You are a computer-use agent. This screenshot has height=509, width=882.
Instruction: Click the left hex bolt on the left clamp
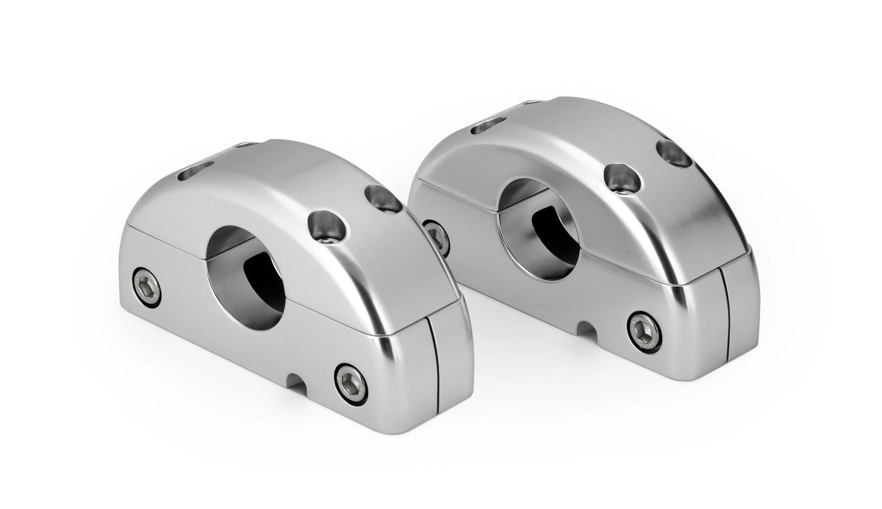[146, 287]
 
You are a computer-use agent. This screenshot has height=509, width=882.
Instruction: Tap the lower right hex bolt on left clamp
[352, 384]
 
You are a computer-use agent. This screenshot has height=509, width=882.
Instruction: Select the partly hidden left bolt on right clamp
[437, 237]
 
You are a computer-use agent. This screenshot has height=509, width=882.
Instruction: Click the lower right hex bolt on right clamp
[644, 331]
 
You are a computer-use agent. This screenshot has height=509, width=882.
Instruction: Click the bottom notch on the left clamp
[295, 383]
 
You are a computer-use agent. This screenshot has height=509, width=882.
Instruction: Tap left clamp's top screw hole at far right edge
[383, 199]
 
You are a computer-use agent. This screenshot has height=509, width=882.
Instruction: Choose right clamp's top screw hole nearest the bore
[622, 177]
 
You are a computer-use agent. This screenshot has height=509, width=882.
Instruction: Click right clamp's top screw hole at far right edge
[674, 153]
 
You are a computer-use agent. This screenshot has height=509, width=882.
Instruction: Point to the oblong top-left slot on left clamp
[195, 171]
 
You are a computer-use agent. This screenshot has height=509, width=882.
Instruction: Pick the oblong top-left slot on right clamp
[488, 125]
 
